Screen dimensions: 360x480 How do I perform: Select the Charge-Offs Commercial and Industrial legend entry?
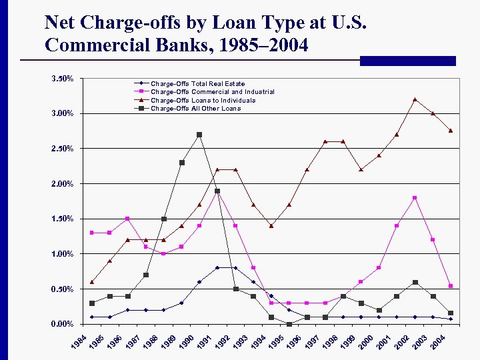coord(212,92)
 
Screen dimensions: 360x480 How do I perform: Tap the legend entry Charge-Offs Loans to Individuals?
coord(203,100)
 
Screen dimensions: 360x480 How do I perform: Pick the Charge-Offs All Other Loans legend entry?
coord(195,108)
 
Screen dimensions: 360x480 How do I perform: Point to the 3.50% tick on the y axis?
coord(63,79)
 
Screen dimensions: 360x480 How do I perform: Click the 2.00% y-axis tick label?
coord(63,183)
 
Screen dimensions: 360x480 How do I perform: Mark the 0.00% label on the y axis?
coord(63,324)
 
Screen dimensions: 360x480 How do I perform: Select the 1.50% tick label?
coord(63,219)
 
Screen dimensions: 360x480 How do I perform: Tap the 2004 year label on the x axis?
coord(437,343)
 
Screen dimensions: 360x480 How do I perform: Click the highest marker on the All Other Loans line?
coord(199,135)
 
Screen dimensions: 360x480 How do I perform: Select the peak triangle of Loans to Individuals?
coord(415,99)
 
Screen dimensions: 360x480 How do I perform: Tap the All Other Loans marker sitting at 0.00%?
coord(289,324)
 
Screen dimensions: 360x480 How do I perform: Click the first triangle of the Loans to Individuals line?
coord(92,282)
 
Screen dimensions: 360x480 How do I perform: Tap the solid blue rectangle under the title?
coord(407,61)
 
